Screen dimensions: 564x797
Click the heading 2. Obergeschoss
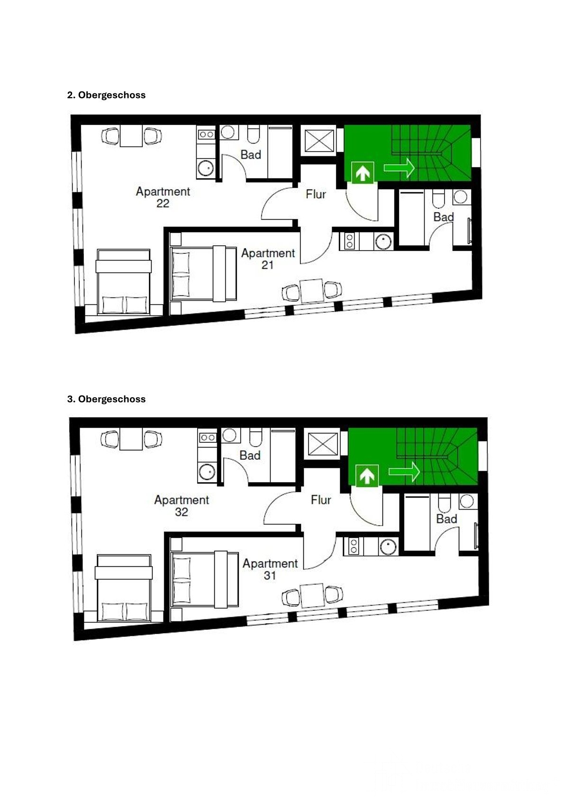coord(106,95)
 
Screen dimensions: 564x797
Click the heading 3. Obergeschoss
coord(106,399)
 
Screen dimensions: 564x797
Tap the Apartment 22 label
coord(163,197)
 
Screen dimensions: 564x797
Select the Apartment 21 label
coord(268,259)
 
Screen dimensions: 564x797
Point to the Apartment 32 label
coord(181,506)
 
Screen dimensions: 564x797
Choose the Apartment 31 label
coord(270,569)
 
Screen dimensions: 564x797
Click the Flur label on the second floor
coord(316,194)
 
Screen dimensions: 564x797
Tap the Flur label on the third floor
coord(321,500)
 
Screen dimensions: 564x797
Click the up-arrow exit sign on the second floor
coord(363,173)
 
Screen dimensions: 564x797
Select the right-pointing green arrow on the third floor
coord(404,472)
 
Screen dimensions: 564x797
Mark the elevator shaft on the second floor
coord(319,141)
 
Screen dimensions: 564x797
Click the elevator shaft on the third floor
coord(323,444)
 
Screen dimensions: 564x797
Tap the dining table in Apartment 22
coord(131,135)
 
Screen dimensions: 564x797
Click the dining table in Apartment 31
coord(312,596)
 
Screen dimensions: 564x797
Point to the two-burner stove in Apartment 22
coord(206,134)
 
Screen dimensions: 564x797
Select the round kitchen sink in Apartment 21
coord(383,242)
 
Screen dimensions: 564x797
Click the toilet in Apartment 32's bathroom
coord(255,437)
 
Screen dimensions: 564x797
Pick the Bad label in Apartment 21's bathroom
coord(444,217)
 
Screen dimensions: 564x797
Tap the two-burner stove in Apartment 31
coord(354,546)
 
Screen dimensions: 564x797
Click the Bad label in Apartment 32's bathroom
coord(250,456)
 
